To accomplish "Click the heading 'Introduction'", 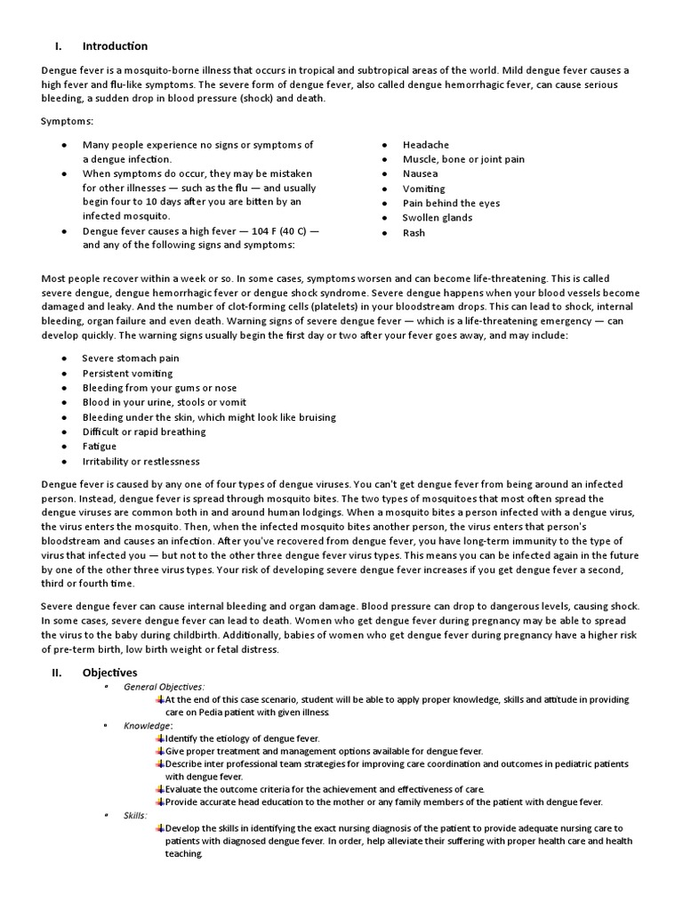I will coord(115,46).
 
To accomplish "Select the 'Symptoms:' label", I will coord(67,120).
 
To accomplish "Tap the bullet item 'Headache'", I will coord(425,144).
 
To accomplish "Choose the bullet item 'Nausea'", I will coord(420,173).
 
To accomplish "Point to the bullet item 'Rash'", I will coord(414,232).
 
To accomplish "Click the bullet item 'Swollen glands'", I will coord(437,217).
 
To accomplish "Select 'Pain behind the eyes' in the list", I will coord(450,203).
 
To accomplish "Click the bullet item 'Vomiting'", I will coord(423,189).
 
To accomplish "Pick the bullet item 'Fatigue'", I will coord(100,447).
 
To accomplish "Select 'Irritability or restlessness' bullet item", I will coord(141,461).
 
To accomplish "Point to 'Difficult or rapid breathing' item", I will coord(144,431).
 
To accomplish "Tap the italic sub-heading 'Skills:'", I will coord(136,815).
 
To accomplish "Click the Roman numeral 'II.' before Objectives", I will coord(55,673).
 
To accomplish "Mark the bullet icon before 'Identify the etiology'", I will coord(159,738).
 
